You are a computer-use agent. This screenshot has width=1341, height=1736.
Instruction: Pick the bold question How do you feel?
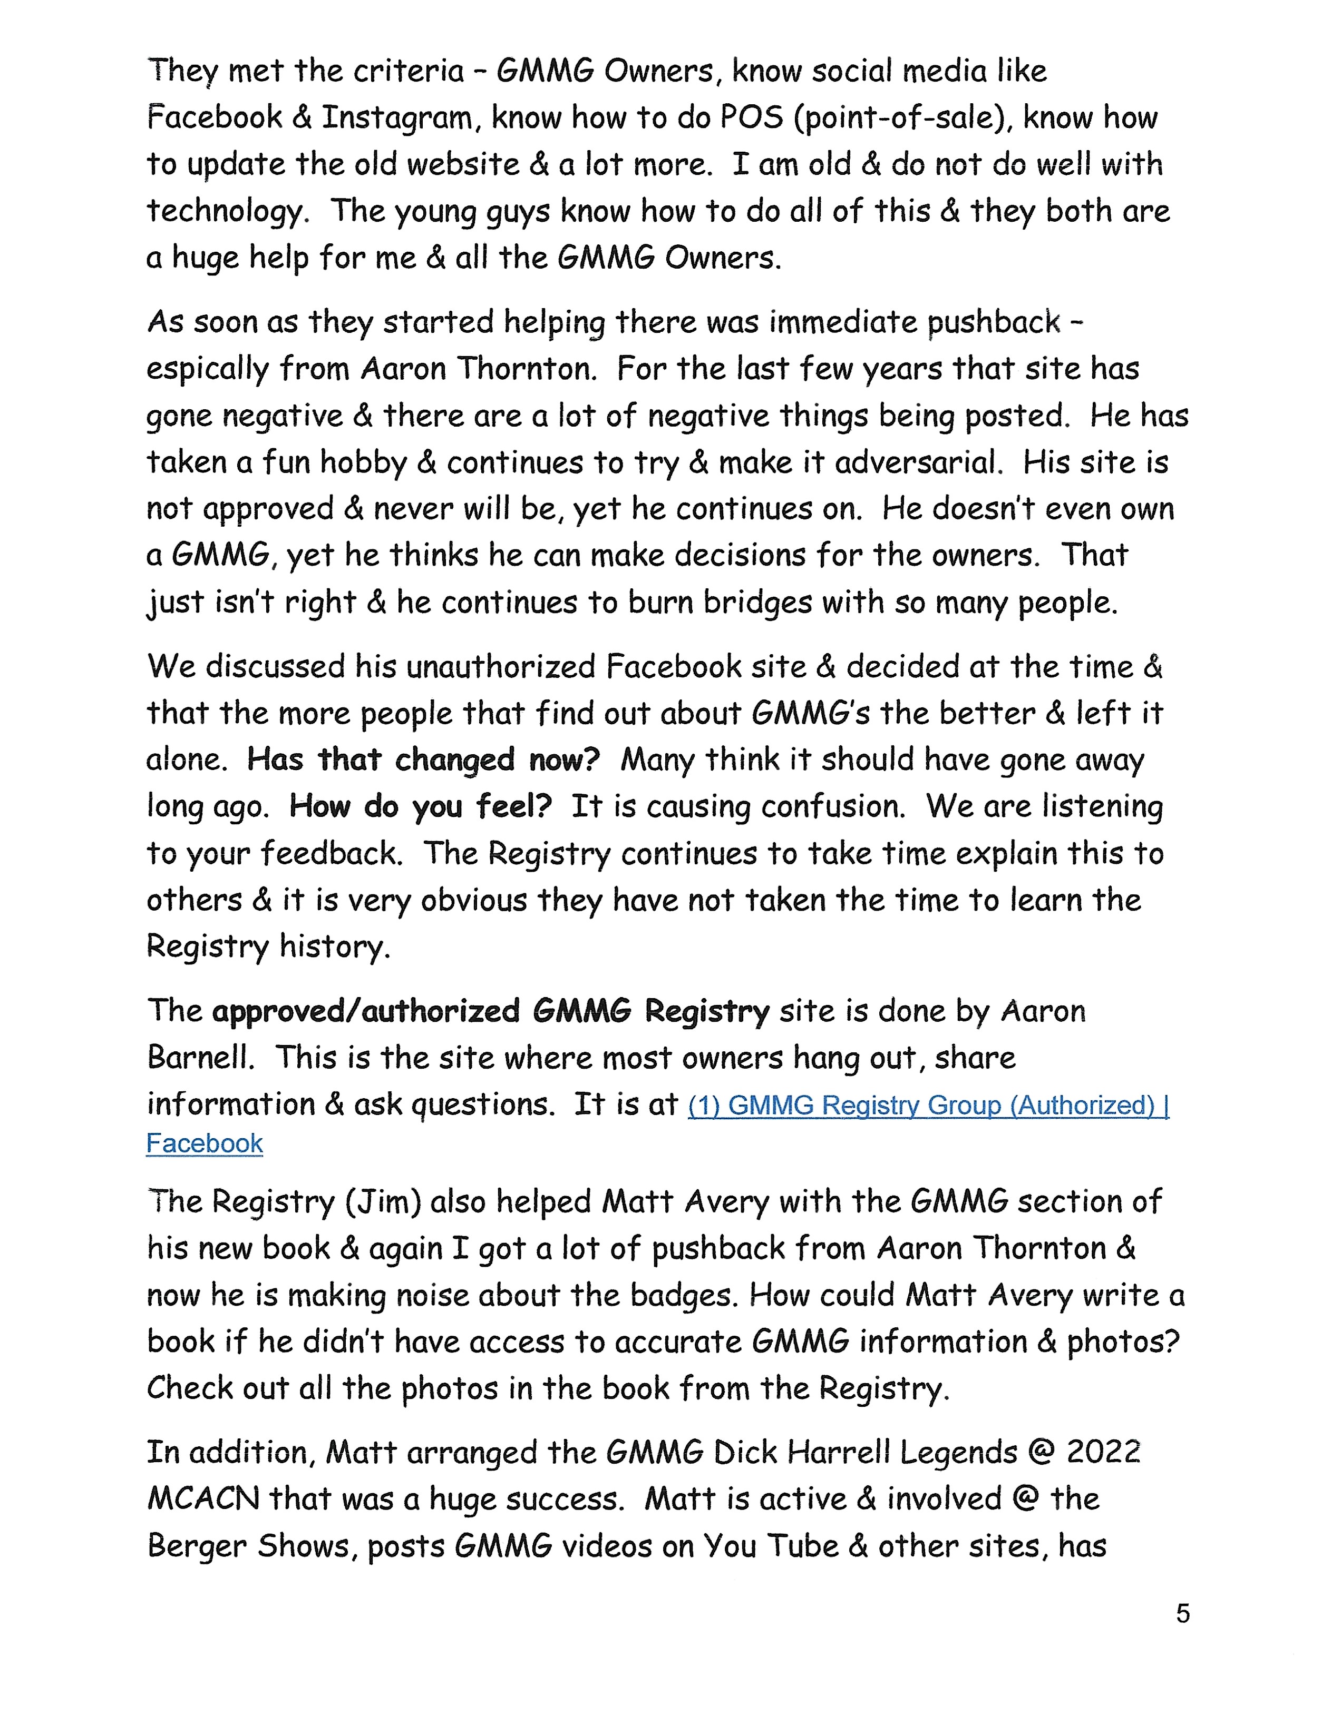(420, 807)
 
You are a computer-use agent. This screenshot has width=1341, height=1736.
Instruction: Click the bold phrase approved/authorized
(366, 1011)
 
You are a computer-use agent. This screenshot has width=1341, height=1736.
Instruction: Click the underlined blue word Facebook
(205, 1143)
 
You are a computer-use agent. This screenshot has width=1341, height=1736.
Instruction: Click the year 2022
(1103, 1452)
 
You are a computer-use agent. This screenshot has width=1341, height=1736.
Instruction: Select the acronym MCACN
(203, 1499)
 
